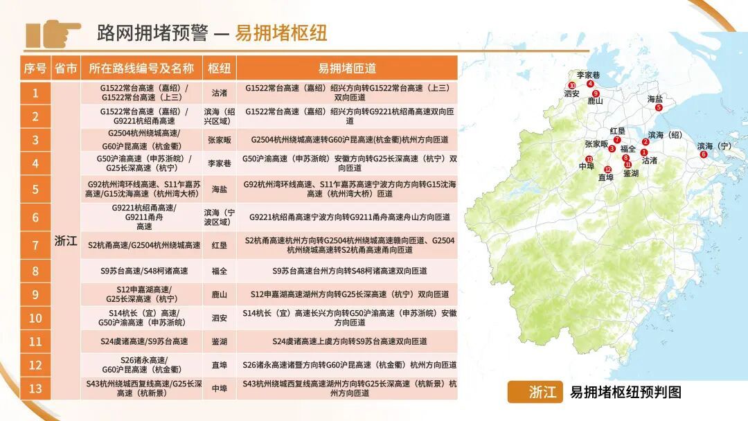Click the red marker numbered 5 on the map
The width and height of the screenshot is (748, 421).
[x=659, y=108]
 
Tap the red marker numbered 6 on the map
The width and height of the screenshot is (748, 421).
[x=704, y=154]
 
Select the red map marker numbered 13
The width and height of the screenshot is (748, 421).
[x=589, y=159]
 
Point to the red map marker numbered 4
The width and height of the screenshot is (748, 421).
[x=590, y=84]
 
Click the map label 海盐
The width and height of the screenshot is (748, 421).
[x=655, y=99]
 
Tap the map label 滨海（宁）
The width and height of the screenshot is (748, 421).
[x=714, y=146]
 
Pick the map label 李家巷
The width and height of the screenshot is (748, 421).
[x=588, y=75]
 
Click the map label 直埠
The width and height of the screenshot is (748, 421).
[x=606, y=177]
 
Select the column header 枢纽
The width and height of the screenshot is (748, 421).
[x=220, y=68]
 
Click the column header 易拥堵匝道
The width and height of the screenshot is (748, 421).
[x=347, y=68]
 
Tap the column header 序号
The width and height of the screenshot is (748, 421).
[x=35, y=68]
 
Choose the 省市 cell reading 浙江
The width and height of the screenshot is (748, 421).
[x=66, y=241]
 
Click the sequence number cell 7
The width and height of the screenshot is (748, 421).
[x=35, y=245]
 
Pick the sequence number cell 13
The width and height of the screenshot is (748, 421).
[x=35, y=388]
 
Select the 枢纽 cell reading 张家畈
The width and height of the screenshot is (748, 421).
[x=220, y=139]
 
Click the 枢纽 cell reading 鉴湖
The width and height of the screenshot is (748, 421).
[x=220, y=341]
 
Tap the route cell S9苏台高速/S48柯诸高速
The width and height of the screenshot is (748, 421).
[x=143, y=271]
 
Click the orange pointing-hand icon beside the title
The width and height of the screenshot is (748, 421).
[x=53, y=33]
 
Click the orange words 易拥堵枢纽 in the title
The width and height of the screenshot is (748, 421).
[x=281, y=33]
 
